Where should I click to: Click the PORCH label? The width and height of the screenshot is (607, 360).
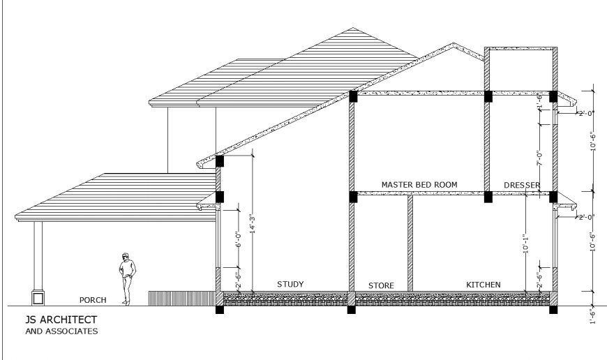pyautogui.click(x=93, y=300)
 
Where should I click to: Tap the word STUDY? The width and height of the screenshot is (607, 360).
pyautogui.click(x=290, y=284)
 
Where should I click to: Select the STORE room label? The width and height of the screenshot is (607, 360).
pyautogui.click(x=381, y=285)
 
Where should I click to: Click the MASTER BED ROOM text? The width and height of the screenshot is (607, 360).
pyautogui.click(x=419, y=184)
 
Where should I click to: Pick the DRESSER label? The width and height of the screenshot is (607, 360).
pyautogui.click(x=522, y=184)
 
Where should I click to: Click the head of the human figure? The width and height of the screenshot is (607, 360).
pyautogui.click(x=126, y=257)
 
